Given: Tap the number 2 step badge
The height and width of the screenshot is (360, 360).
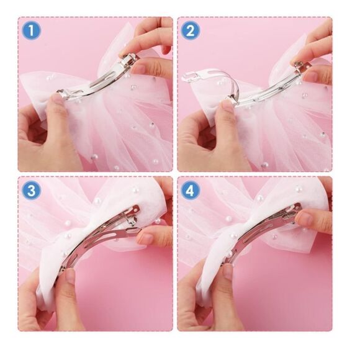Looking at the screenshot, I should (189, 29).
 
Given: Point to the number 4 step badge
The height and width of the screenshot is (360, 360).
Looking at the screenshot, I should (189, 189).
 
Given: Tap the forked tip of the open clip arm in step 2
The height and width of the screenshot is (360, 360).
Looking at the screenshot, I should (189, 76).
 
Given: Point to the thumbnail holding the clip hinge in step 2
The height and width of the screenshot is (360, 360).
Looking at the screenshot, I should (228, 104).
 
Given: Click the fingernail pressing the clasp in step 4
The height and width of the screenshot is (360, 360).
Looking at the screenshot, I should (304, 218).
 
